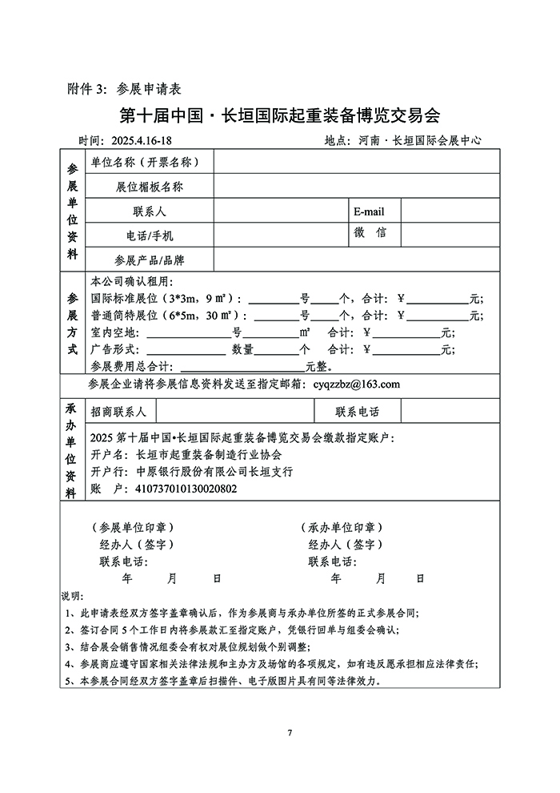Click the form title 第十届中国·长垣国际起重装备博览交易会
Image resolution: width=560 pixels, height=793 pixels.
coord(280,115)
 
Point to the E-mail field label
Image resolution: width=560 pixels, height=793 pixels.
coord(369,211)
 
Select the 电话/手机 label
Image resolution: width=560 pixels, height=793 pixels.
coord(150,235)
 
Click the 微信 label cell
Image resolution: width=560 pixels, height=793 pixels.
coord(370,233)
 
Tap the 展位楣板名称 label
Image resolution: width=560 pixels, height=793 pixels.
coord(150,187)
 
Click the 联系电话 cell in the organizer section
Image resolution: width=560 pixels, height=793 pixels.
coord(358,413)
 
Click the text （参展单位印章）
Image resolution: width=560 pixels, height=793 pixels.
coord(134,528)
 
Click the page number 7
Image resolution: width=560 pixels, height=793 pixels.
coord(290,733)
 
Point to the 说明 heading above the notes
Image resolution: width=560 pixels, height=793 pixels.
coord(71,597)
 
